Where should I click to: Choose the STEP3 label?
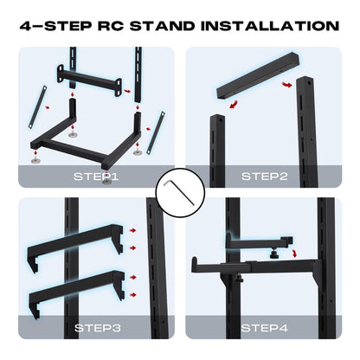click(94, 329)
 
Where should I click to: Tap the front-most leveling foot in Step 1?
click(106, 179)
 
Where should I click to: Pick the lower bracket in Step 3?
click(78, 286)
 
